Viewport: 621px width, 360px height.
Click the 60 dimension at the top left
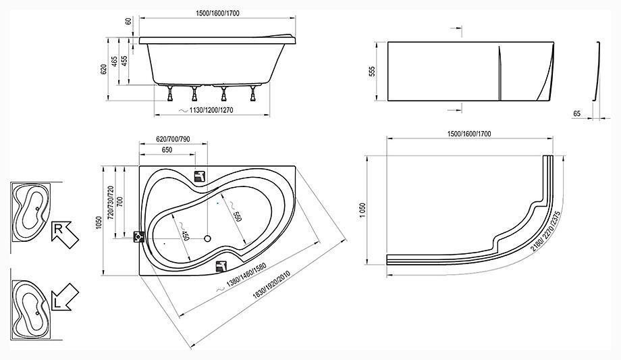[x=128, y=21]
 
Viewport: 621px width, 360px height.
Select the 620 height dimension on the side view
[x=104, y=69]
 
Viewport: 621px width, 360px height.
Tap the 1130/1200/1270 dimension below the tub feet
[x=211, y=110]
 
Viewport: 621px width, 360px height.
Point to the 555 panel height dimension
[x=372, y=72]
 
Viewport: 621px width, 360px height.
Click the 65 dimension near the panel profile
[x=576, y=113]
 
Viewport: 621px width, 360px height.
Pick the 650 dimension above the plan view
[x=167, y=150]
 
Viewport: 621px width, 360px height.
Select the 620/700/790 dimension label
[x=173, y=139]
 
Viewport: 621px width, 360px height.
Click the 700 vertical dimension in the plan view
[x=120, y=202]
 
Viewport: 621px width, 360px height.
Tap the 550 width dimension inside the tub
[x=236, y=216]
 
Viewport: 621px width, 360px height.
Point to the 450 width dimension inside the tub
[x=184, y=235]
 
